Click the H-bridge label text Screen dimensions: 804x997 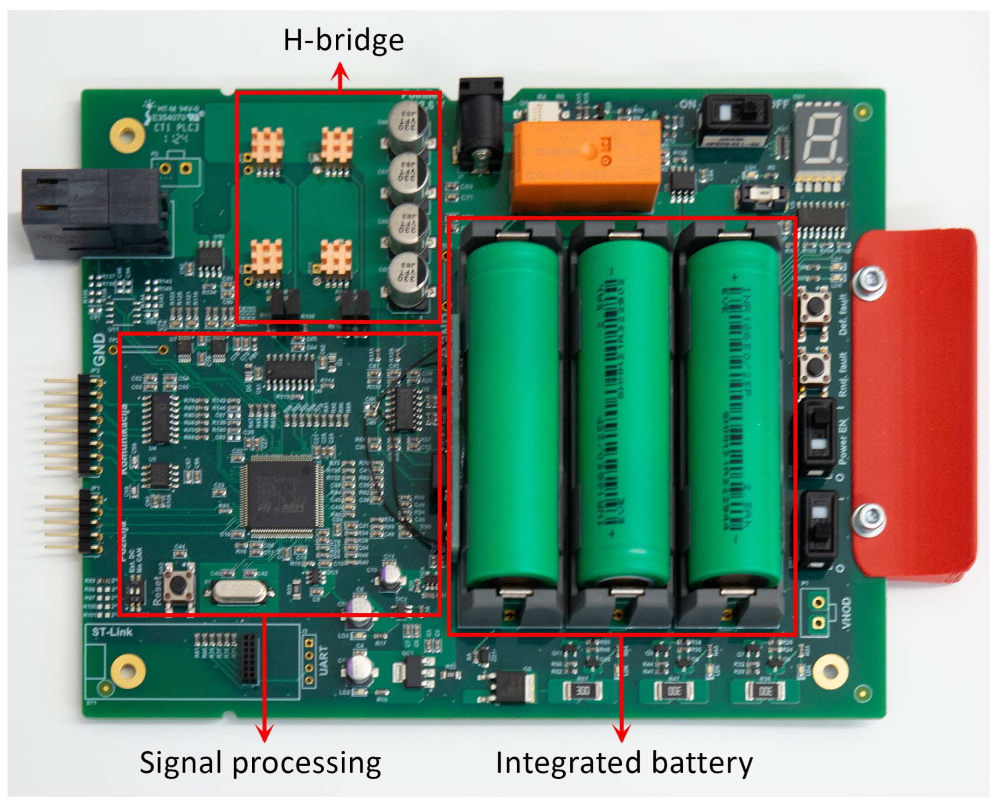tap(343, 41)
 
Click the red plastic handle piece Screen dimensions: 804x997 tap(914, 406)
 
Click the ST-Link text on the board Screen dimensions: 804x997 tap(112, 632)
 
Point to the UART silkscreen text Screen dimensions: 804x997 tap(323, 659)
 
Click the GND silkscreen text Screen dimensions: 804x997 tap(99, 350)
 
